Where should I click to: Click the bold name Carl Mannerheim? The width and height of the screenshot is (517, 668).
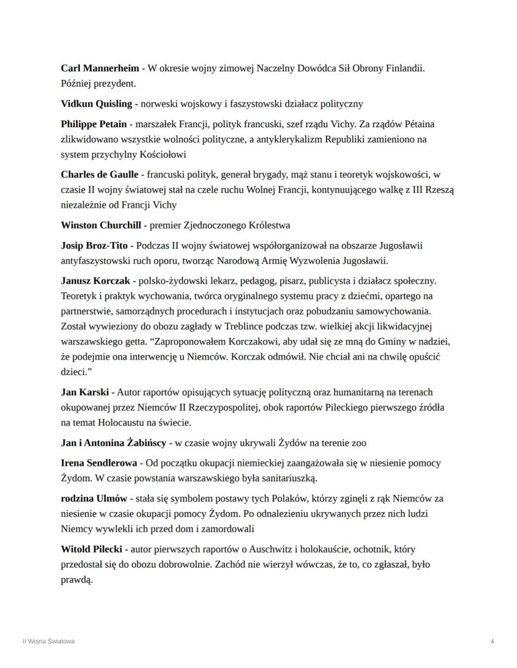click(x=100, y=68)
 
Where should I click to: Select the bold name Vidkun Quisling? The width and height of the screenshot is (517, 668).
click(x=96, y=104)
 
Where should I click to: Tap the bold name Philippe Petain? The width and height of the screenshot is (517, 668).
click(x=94, y=124)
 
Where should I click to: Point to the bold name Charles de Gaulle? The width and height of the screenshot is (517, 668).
click(x=100, y=175)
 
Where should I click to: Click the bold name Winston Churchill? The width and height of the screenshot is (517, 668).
click(x=102, y=225)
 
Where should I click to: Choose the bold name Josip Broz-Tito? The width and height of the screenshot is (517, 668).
click(x=94, y=246)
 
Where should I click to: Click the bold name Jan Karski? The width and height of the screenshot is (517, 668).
click(x=86, y=392)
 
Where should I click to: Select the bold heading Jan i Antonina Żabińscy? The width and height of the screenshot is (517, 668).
click(x=113, y=443)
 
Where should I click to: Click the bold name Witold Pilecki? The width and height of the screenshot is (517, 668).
click(x=91, y=549)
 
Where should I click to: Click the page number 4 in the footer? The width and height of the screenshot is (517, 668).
click(x=493, y=641)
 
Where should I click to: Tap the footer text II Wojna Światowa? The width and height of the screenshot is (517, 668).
click(x=48, y=641)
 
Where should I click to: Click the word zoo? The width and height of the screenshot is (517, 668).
click(x=358, y=443)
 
